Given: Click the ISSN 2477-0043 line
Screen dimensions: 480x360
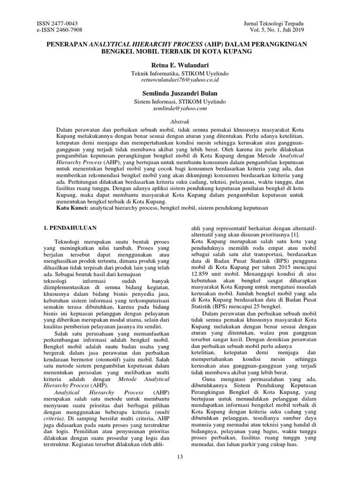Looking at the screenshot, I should [x=57, y=23].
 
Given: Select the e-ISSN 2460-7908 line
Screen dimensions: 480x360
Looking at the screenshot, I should [x=60, y=30].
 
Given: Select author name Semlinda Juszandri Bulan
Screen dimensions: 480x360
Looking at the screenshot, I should [x=180, y=93].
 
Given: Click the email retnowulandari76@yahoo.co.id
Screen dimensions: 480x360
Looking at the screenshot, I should [x=180, y=80].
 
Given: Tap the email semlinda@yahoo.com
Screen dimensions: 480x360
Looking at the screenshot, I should [x=180, y=108].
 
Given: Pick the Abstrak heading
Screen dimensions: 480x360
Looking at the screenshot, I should [x=180, y=121].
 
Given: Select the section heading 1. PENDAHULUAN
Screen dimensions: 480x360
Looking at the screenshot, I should [x=70, y=228].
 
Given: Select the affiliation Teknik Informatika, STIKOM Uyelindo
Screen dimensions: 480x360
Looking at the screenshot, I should [x=180, y=74].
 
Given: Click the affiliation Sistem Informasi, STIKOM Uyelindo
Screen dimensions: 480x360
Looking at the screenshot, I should [x=180, y=102].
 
